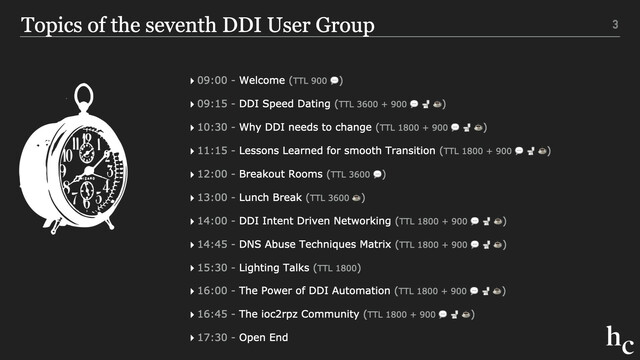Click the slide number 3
click(x=615, y=24)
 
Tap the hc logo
click(x=620, y=340)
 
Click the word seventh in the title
click(x=181, y=25)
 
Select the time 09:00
click(x=212, y=80)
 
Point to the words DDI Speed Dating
click(x=284, y=104)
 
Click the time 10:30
click(x=212, y=127)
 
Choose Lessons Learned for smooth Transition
click(x=337, y=151)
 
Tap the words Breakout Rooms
click(x=281, y=174)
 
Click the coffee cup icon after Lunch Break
click(x=356, y=198)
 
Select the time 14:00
click(x=212, y=221)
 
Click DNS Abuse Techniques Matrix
click(x=315, y=244)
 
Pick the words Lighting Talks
click(x=274, y=268)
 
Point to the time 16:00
click(x=212, y=291)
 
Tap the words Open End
click(x=264, y=338)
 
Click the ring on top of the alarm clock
click(x=84, y=87)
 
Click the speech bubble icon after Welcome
click(x=334, y=80)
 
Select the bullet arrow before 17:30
click(x=192, y=338)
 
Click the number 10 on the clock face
click(x=67, y=156)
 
